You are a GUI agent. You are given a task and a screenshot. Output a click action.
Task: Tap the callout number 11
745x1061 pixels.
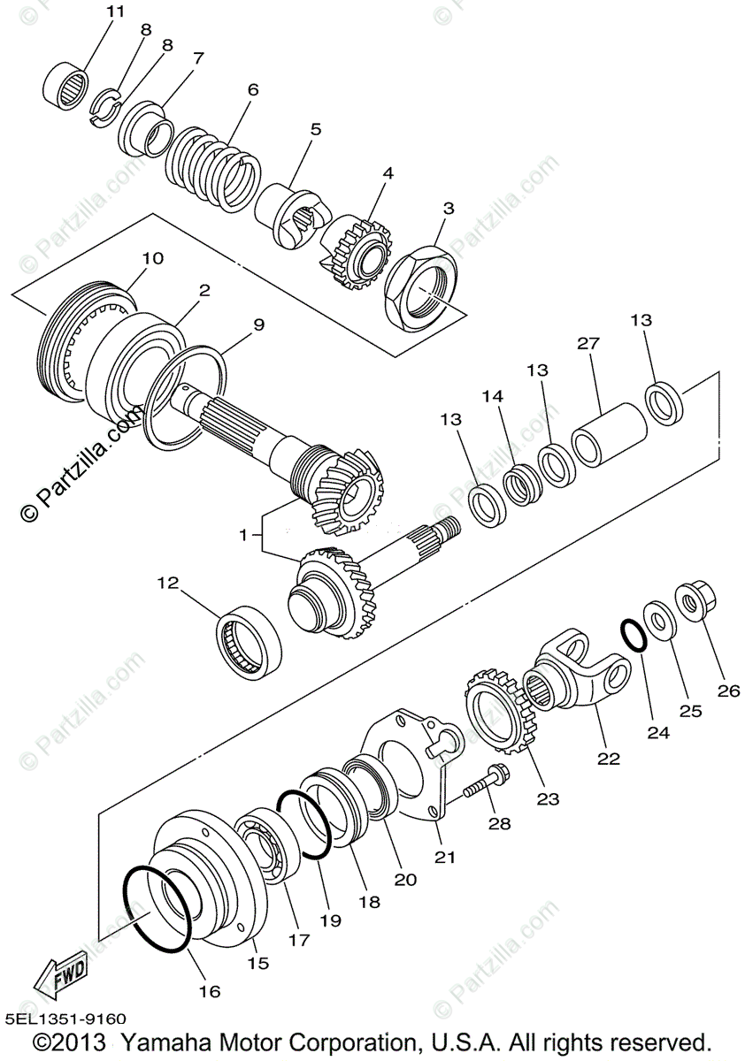pos(115,11)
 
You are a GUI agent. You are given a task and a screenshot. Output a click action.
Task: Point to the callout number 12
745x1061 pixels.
pos(168,584)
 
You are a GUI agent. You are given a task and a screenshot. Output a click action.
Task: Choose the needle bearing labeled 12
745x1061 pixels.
pos(250,641)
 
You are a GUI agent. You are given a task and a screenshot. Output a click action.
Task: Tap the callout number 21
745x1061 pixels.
pos(445,857)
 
